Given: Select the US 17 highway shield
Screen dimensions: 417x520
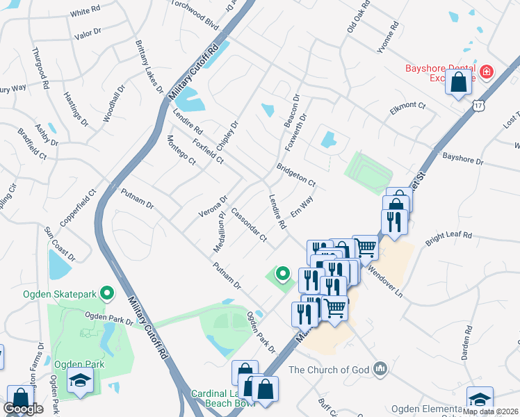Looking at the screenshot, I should coord(477,105).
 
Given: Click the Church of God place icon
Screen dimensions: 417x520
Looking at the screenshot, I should coord(380,368).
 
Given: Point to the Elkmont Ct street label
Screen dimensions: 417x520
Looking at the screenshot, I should coord(409,105).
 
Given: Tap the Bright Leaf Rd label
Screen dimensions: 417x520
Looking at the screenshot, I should coord(448,237).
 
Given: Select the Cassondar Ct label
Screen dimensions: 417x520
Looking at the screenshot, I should coord(249,224).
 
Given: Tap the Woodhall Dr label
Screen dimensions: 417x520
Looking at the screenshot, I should coord(114,104).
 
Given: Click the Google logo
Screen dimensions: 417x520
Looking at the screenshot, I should coord(24,409).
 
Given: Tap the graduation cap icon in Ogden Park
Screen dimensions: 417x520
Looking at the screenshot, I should coord(81,379).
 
